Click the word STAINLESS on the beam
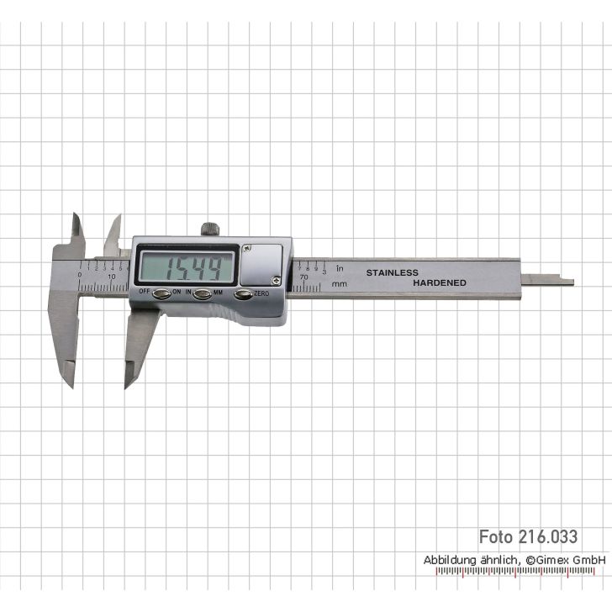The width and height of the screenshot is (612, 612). pyautogui.click(x=391, y=273)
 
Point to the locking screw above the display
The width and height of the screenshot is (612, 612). pyautogui.click(x=209, y=228)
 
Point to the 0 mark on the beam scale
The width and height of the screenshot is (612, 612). pyautogui.click(x=80, y=275)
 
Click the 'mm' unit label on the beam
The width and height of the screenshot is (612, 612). pyautogui.click(x=340, y=284)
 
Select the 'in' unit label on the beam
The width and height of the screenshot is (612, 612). pyautogui.click(x=340, y=269)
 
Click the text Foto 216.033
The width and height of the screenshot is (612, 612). pyautogui.click(x=528, y=536)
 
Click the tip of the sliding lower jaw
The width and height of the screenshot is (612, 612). pyautogui.click(x=129, y=383)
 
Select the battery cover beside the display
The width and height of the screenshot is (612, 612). pyautogui.click(x=262, y=263)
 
